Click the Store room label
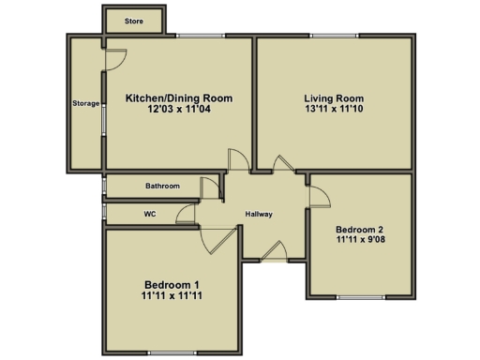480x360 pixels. point(133,20)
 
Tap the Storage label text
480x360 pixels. point(85,103)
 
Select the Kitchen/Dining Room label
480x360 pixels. point(178,97)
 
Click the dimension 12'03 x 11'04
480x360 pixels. point(178,110)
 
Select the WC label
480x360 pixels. point(150,214)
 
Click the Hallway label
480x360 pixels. point(259,215)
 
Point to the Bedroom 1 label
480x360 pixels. point(172,284)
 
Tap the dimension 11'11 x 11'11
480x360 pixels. point(172,296)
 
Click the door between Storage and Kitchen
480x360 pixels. point(114,59)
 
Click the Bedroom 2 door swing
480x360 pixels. point(317,197)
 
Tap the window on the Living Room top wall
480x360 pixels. point(334,37)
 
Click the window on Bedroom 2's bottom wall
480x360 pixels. point(360,298)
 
